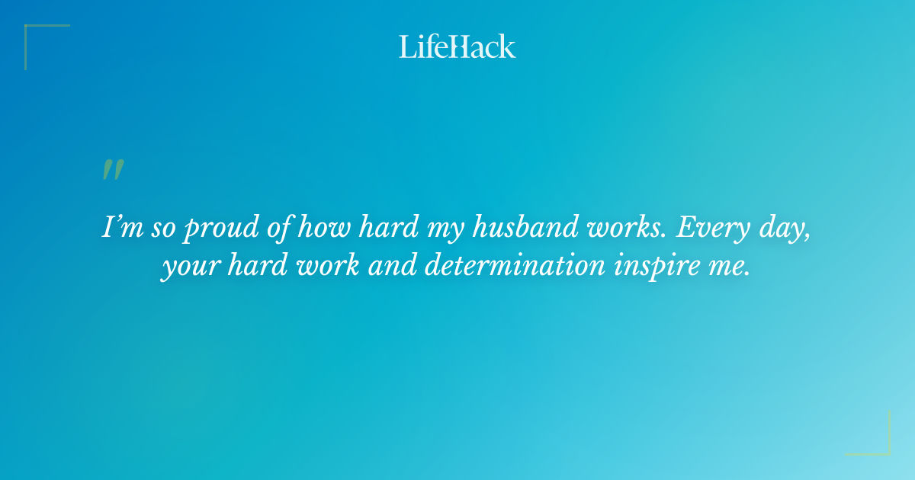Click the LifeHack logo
[x=457, y=46]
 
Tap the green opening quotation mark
[x=113, y=170]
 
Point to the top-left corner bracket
[x=38, y=38]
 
